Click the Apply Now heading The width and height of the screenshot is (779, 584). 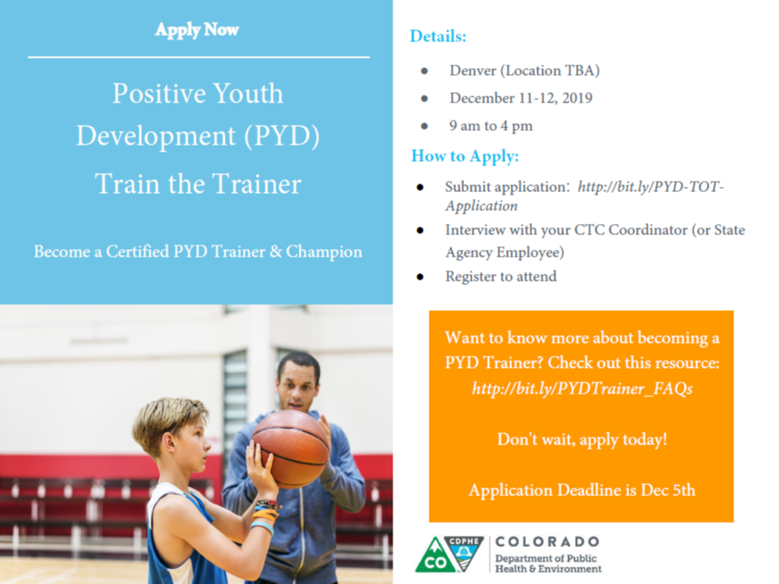click(x=197, y=30)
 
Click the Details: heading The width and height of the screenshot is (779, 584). click(x=438, y=36)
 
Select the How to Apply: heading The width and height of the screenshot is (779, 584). click(x=465, y=156)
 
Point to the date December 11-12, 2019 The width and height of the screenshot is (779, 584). click(x=520, y=97)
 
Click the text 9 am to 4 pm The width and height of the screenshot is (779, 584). click(x=491, y=126)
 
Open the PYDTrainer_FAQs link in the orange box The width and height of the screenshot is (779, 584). click(x=582, y=388)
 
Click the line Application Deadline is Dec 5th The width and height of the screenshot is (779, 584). click(x=582, y=490)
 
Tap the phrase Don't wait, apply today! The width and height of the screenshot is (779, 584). click(x=582, y=439)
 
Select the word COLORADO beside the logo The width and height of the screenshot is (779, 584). click(x=547, y=542)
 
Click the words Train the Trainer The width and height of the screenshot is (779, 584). click(x=198, y=183)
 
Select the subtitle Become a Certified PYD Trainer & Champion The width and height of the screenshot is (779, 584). click(x=198, y=252)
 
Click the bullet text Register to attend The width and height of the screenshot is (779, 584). click(x=500, y=276)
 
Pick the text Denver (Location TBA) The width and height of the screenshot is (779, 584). click(x=524, y=70)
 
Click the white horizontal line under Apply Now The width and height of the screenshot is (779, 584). click(x=198, y=58)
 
